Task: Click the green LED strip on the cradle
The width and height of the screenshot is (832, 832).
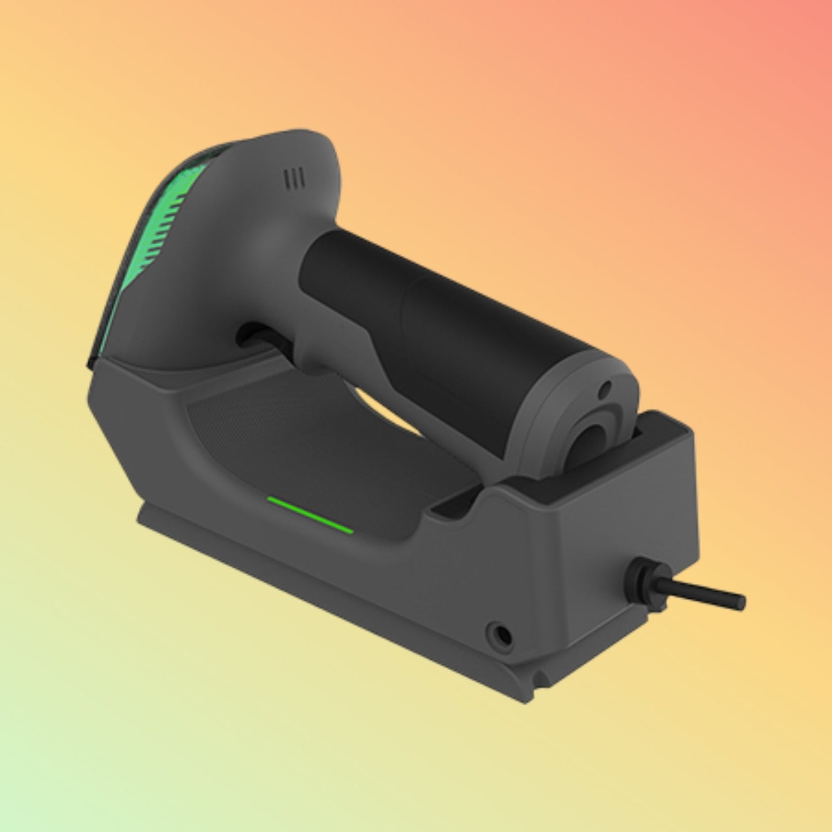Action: click(x=310, y=515)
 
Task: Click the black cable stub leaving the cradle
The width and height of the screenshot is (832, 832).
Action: click(x=702, y=592)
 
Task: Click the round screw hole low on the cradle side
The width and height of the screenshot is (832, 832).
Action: click(x=498, y=635)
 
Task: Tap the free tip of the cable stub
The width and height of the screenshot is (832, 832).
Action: click(x=740, y=602)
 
